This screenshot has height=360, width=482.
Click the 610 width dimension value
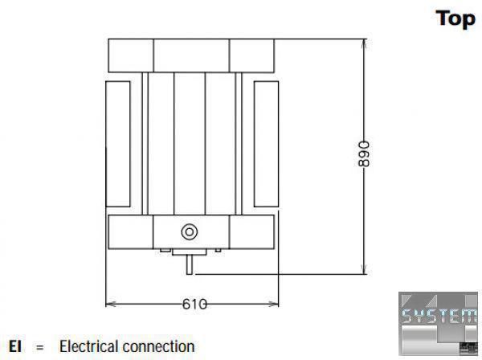point(194,304)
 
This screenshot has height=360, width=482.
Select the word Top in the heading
point(455,18)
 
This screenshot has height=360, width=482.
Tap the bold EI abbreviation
point(14,347)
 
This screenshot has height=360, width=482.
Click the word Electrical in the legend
point(90,347)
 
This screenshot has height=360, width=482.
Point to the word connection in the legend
point(159,347)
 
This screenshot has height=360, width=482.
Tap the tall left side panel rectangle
point(117,142)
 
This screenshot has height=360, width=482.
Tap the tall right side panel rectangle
point(265,142)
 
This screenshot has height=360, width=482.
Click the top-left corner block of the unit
point(130,55)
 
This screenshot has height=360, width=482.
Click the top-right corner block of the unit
point(253,55)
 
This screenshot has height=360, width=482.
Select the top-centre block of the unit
point(191,55)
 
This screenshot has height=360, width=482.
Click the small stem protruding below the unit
point(190,263)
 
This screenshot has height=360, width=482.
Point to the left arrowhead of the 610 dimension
point(110,304)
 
